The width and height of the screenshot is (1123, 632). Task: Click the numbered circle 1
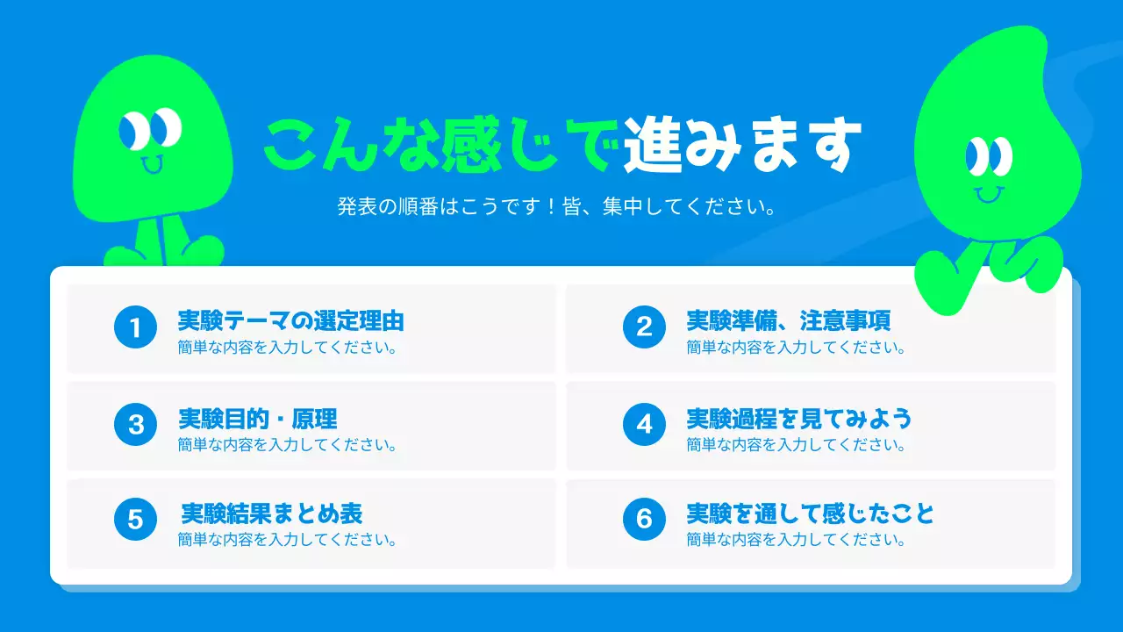(135, 328)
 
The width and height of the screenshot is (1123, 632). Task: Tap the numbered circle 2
(644, 328)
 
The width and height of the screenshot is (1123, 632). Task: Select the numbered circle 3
(135, 425)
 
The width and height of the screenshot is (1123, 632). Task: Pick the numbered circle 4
(644, 425)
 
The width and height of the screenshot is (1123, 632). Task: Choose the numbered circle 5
(135, 520)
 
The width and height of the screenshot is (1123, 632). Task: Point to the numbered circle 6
(644, 520)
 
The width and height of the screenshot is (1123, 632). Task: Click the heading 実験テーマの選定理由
(290, 320)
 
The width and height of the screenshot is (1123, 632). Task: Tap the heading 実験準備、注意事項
(789, 320)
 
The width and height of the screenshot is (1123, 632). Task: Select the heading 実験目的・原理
(257, 419)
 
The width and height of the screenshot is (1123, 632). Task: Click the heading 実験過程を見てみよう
(798, 419)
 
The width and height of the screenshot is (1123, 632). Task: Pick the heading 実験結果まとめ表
(271, 513)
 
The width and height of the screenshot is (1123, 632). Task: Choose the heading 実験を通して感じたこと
(810, 513)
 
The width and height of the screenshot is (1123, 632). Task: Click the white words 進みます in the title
(742, 145)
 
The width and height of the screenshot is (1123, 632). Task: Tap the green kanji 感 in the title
(470, 145)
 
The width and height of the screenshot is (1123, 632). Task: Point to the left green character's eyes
(150, 129)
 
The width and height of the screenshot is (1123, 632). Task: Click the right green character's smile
(989, 193)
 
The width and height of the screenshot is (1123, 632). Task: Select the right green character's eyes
(989, 156)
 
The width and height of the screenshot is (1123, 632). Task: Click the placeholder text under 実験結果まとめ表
(287, 539)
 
